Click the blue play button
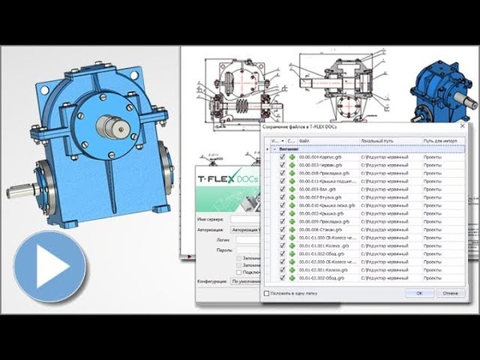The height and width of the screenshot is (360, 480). [54, 269]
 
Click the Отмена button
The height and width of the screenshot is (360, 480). [450, 294]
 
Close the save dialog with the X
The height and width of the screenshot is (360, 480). [462, 126]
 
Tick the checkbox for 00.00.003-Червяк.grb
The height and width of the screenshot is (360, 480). [282, 166]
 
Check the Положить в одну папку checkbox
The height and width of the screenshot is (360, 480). [266, 294]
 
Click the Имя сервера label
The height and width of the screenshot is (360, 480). [212, 218]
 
